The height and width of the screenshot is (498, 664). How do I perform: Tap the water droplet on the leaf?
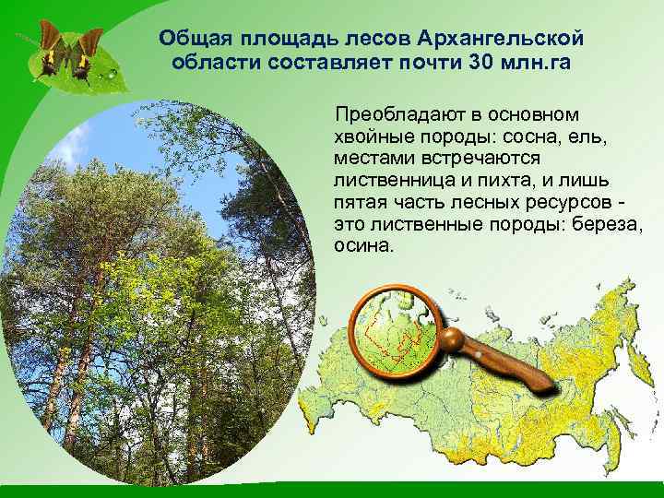[112, 71]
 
